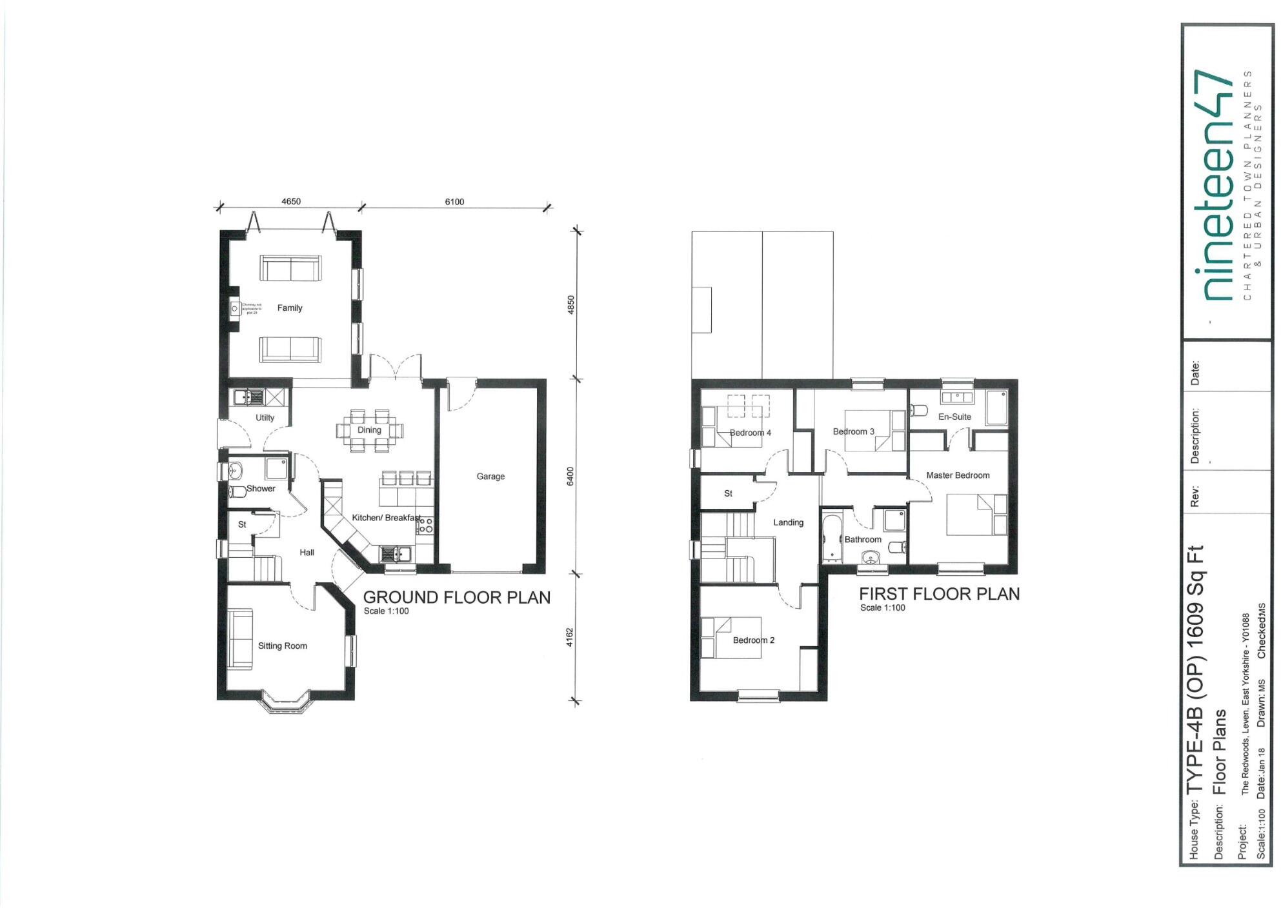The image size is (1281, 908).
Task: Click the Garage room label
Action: pyautogui.click(x=490, y=477)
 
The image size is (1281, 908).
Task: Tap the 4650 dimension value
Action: pyautogui.click(x=291, y=201)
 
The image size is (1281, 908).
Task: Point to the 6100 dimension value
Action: pyautogui.click(x=454, y=202)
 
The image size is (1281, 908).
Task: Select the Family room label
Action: pyautogui.click(x=290, y=308)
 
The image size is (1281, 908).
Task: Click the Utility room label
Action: pyautogui.click(x=265, y=418)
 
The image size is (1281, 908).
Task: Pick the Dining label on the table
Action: pyautogui.click(x=369, y=430)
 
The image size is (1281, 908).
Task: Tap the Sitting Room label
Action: pyautogui.click(x=283, y=646)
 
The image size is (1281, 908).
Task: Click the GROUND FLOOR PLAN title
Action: pyautogui.click(x=457, y=598)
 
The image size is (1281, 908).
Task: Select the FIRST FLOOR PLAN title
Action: pyautogui.click(x=939, y=595)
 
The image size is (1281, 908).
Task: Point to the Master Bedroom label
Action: pyautogui.click(x=958, y=475)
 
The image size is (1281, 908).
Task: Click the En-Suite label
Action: pyautogui.click(x=954, y=417)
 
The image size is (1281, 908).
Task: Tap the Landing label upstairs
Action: pyautogui.click(x=788, y=522)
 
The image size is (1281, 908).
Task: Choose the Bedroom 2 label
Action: pyautogui.click(x=753, y=640)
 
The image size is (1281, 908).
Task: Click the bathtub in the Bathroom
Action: pyautogui.click(x=831, y=538)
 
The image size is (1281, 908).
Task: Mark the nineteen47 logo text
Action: pyautogui.click(x=1216, y=193)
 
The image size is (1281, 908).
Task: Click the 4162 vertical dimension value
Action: pyautogui.click(x=570, y=637)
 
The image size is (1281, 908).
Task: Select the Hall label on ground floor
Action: pyautogui.click(x=307, y=553)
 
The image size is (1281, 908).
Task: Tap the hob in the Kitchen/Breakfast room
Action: pyautogui.click(x=425, y=526)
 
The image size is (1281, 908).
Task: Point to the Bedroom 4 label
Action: pyautogui.click(x=750, y=433)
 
